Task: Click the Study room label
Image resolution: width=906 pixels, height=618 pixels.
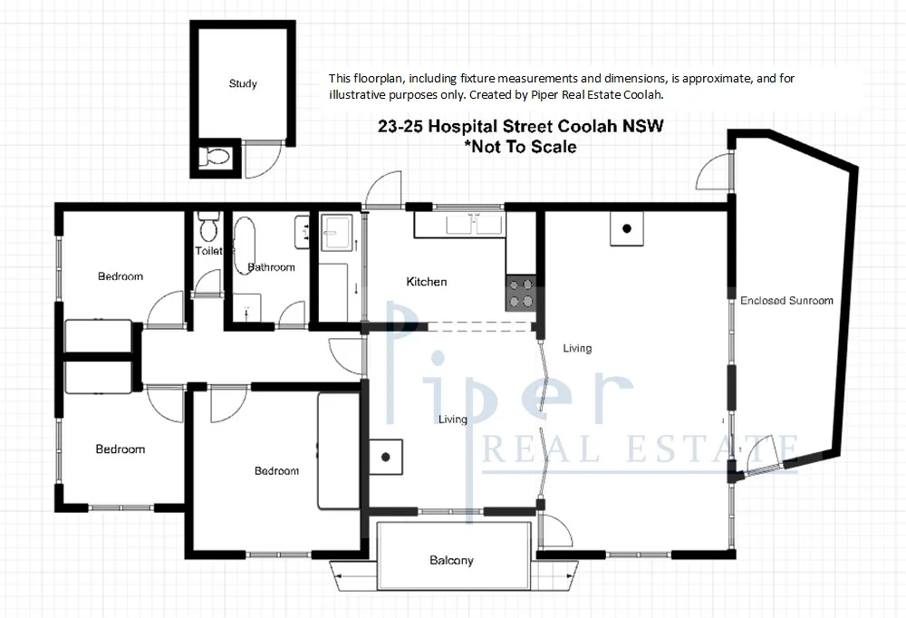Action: click(x=242, y=83)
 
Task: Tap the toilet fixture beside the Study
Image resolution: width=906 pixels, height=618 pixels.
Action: click(x=215, y=157)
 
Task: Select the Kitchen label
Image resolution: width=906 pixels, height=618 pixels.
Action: click(x=426, y=282)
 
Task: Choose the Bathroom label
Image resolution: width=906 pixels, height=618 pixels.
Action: click(x=272, y=267)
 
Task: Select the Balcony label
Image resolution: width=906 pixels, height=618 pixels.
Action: click(x=451, y=561)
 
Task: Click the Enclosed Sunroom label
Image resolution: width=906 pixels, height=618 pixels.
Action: click(x=786, y=300)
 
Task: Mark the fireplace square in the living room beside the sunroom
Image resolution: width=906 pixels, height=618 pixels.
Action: click(x=626, y=229)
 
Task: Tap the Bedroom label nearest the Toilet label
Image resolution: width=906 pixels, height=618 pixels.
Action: click(x=120, y=276)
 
